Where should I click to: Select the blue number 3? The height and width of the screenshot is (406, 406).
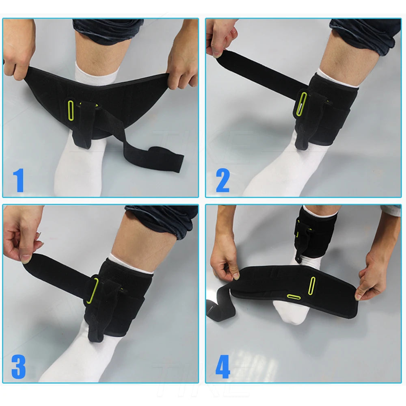click(19, 368)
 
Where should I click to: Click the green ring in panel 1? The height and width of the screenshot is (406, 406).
click(70, 109)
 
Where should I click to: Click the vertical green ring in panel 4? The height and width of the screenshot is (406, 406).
click(313, 285)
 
